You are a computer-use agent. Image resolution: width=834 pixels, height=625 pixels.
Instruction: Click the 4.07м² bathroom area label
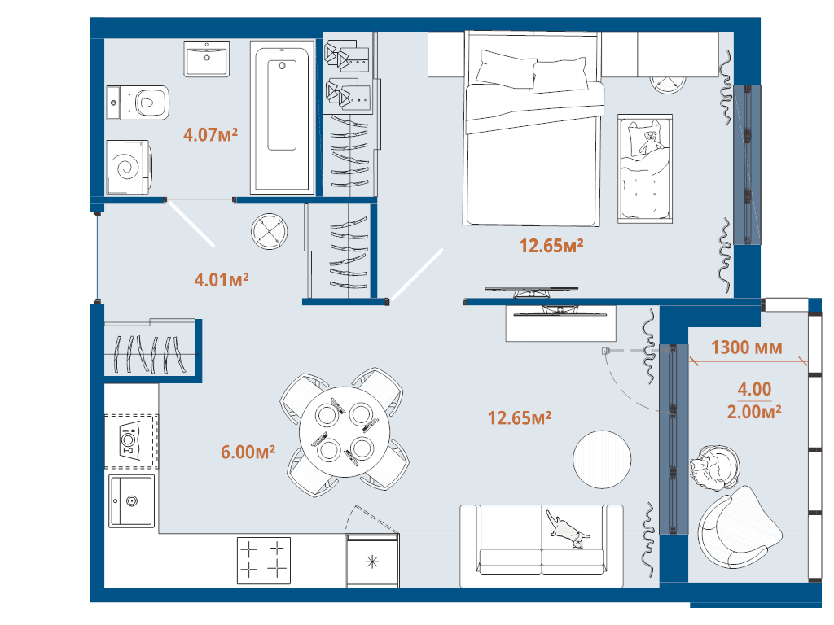210,134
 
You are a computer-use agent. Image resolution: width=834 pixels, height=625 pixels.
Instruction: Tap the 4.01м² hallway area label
222,279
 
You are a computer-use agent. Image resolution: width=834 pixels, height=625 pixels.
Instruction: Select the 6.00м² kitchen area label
248,452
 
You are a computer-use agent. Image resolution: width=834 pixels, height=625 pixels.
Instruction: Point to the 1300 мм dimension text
747,347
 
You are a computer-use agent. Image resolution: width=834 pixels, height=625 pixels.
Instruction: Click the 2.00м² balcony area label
754,411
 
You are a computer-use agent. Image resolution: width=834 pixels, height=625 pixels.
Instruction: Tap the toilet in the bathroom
138,103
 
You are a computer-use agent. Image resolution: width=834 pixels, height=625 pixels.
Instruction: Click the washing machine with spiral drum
129,168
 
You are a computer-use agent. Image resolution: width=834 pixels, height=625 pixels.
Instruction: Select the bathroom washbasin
207,59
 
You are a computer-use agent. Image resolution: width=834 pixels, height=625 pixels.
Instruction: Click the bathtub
282,117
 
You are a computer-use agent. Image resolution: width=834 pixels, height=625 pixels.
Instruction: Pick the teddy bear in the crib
650,142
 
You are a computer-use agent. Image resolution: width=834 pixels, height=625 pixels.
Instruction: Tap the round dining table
345,431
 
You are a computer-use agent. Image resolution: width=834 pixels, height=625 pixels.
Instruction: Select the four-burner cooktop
264,560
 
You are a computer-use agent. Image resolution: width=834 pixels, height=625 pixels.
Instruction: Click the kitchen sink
131,501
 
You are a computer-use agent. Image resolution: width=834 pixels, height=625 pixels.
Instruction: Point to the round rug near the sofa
602,459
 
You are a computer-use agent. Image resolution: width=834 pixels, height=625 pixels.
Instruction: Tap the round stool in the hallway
270,231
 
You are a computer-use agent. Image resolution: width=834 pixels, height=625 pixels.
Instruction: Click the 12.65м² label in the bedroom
551,246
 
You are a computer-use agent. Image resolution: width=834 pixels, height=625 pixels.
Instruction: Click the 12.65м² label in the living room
520,417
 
